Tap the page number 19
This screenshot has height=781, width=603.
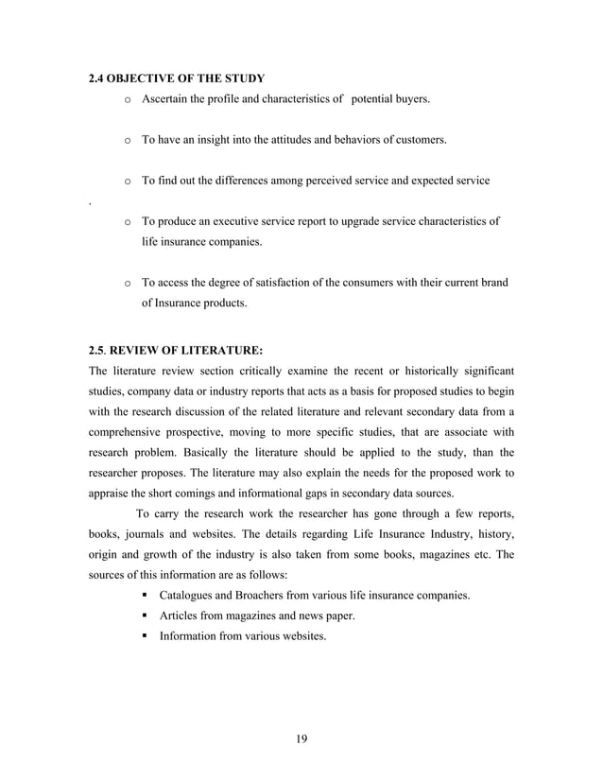pos(301,739)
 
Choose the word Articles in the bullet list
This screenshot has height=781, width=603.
pos(181,616)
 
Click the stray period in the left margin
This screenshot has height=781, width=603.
pos(89,202)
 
